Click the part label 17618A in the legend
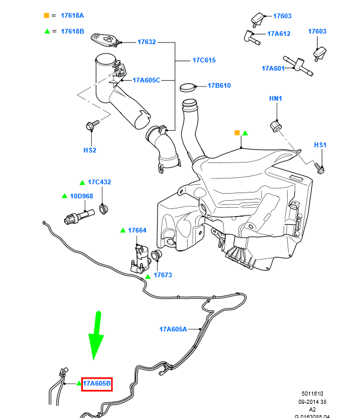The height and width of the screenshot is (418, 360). point(72,15)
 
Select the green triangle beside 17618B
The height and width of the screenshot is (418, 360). point(46,31)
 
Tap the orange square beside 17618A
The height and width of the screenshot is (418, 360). point(46,15)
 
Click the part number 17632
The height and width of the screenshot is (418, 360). point(146,42)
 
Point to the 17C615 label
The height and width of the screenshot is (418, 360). point(204,60)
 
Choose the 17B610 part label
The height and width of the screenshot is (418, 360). point(219,85)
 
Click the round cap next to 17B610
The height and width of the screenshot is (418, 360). point(188,87)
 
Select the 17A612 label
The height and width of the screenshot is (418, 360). point(279,34)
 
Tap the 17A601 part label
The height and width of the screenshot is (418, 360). point(273,68)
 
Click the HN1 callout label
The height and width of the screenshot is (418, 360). point(276,98)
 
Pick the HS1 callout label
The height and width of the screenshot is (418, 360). point(320,145)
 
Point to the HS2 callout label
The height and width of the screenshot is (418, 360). point(89,150)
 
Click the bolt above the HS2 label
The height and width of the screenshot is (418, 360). point(91,125)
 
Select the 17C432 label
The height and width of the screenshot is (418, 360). point(99,182)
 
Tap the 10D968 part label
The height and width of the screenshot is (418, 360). point(81,195)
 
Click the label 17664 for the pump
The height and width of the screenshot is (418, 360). point(137,230)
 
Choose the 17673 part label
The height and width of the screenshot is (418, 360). point(163,275)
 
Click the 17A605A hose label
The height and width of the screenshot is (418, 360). point(173,329)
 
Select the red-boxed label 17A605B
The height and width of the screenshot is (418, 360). point(96,384)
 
